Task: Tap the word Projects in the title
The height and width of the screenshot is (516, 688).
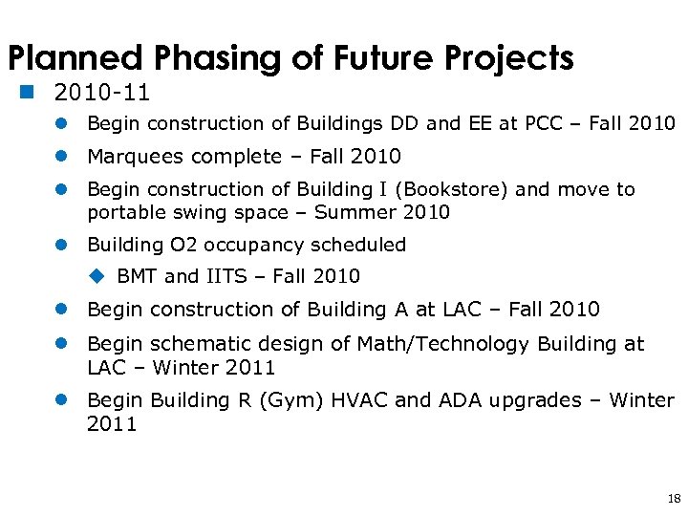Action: point(509,59)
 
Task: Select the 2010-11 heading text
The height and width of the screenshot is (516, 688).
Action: point(103,94)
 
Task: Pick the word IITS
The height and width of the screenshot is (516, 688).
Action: point(226,276)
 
